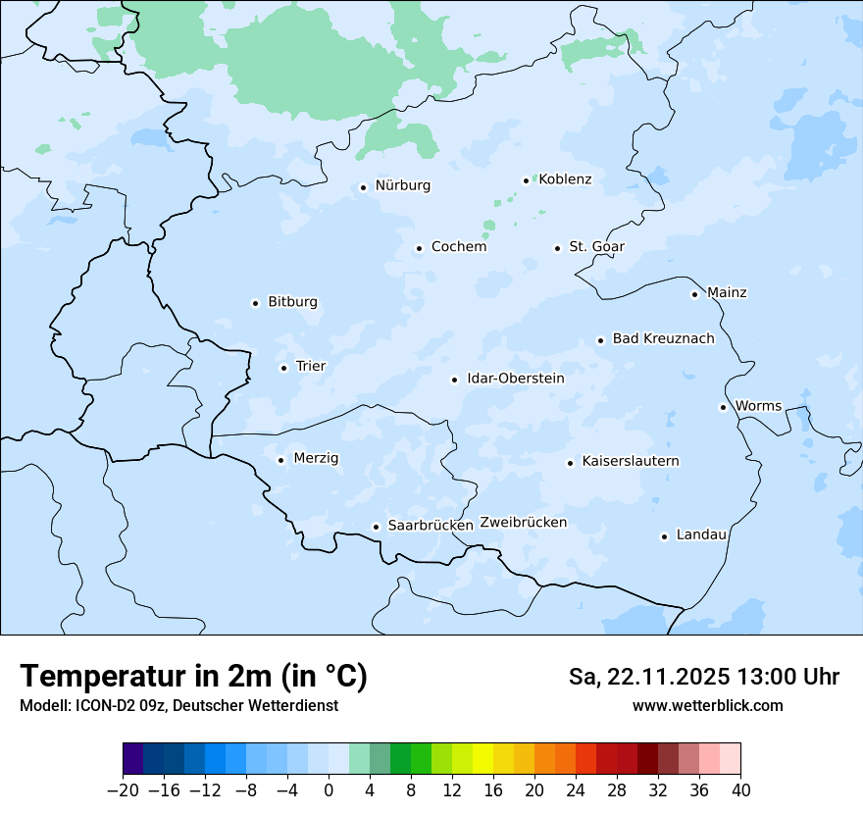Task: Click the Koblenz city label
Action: click(565, 178)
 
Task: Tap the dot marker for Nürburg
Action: click(363, 187)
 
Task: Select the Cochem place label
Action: click(458, 246)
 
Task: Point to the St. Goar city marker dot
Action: click(557, 248)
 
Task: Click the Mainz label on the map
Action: click(727, 292)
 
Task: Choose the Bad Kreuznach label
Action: click(663, 338)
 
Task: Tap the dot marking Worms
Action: click(723, 407)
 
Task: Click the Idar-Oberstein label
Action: click(515, 378)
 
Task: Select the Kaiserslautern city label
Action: click(630, 461)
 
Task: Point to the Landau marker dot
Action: click(664, 536)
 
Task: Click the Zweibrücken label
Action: click(523, 522)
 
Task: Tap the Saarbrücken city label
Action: click(431, 525)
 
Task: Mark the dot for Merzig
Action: click(280, 460)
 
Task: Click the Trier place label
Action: click(310, 366)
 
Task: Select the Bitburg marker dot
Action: click(255, 303)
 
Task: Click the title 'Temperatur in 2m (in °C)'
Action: click(193, 676)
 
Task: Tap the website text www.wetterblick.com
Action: click(707, 705)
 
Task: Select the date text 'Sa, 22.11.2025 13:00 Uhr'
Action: click(703, 677)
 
